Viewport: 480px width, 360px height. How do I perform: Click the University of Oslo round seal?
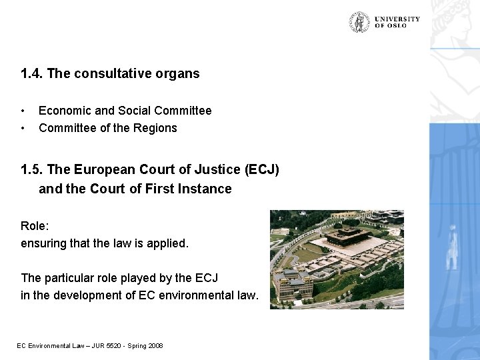tap(359, 23)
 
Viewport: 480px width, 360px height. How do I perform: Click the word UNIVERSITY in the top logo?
tap(397, 19)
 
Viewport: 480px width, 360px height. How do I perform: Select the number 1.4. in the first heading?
tap(32, 74)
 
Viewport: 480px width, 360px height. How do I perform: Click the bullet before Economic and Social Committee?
tap(23, 111)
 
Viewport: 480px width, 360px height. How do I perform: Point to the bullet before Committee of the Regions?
tap(23, 128)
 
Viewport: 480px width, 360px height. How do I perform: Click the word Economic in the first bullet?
tap(62, 111)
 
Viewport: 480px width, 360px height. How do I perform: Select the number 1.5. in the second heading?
tap(32, 170)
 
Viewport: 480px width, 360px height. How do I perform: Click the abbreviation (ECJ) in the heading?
tap(262, 170)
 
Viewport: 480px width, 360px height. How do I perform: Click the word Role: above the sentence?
tap(35, 226)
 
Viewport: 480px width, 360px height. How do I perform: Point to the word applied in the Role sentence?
tap(168, 243)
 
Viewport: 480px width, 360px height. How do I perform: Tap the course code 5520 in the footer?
tap(99, 345)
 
